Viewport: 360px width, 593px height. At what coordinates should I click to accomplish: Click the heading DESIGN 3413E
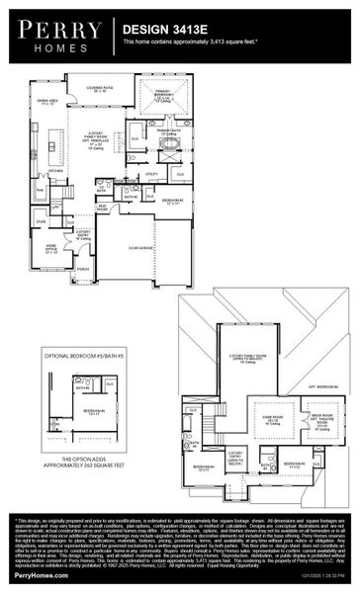point(158,31)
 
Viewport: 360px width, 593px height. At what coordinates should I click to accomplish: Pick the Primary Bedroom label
point(164,97)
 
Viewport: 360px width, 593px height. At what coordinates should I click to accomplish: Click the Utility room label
point(151,174)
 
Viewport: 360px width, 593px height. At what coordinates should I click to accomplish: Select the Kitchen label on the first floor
point(56,170)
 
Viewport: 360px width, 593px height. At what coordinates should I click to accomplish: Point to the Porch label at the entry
point(82,267)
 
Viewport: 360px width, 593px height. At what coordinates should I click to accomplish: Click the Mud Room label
point(102,208)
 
